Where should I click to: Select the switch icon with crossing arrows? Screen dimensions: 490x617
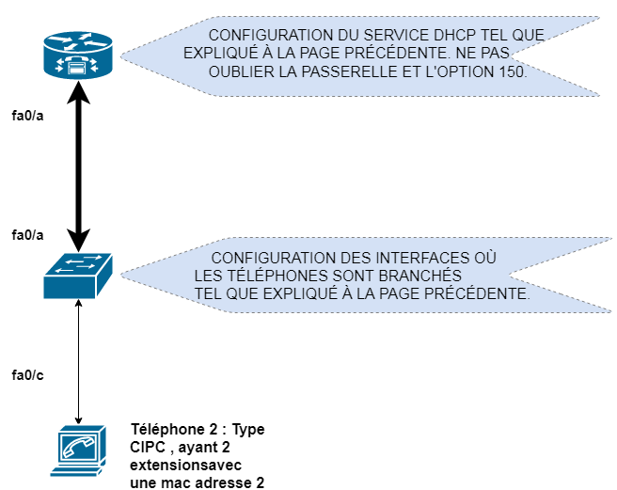[x=78, y=276]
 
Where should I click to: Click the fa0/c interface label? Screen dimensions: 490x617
[x=27, y=374]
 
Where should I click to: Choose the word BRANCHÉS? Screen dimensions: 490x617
[x=426, y=277]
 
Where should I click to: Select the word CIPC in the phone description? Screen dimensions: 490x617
[x=148, y=447]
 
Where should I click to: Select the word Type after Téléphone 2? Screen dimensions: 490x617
[x=248, y=429]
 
